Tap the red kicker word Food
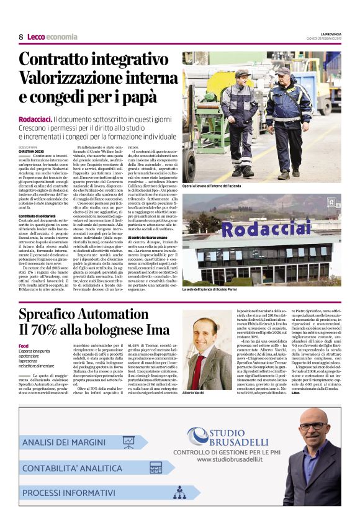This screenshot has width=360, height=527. pos(24,345)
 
